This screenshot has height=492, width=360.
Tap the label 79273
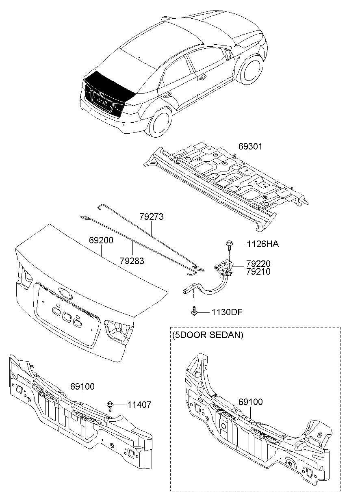[x=151, y=217]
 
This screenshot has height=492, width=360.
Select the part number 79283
[x=132, y=260]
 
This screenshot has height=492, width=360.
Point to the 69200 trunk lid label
[x=101, y=241]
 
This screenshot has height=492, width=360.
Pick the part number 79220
[x=258, y=264]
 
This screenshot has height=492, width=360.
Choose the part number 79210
[x=258, y=271]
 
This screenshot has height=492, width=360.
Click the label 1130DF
[x=226, y=312]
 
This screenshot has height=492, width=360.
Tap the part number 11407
[x=139, y=405]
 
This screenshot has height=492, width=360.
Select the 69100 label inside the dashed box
[x=250, y=402]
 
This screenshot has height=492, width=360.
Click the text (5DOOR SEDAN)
[x=208, y=335]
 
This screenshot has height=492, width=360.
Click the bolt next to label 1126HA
[x=229, y=244]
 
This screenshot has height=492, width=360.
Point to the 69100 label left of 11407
[x=82, y=386]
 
